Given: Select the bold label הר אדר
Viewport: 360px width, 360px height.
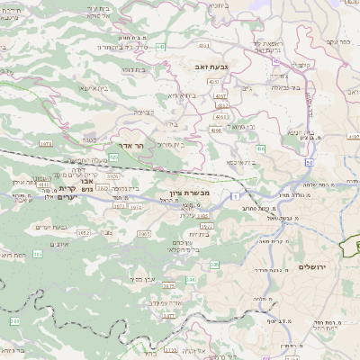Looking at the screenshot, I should tap(131, 145).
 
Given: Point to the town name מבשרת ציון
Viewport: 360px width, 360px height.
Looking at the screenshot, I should tap(188, 193).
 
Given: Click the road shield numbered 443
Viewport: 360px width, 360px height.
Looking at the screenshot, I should tap(159, 43).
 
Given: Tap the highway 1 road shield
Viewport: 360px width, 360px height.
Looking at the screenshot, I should tap(231, 194).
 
